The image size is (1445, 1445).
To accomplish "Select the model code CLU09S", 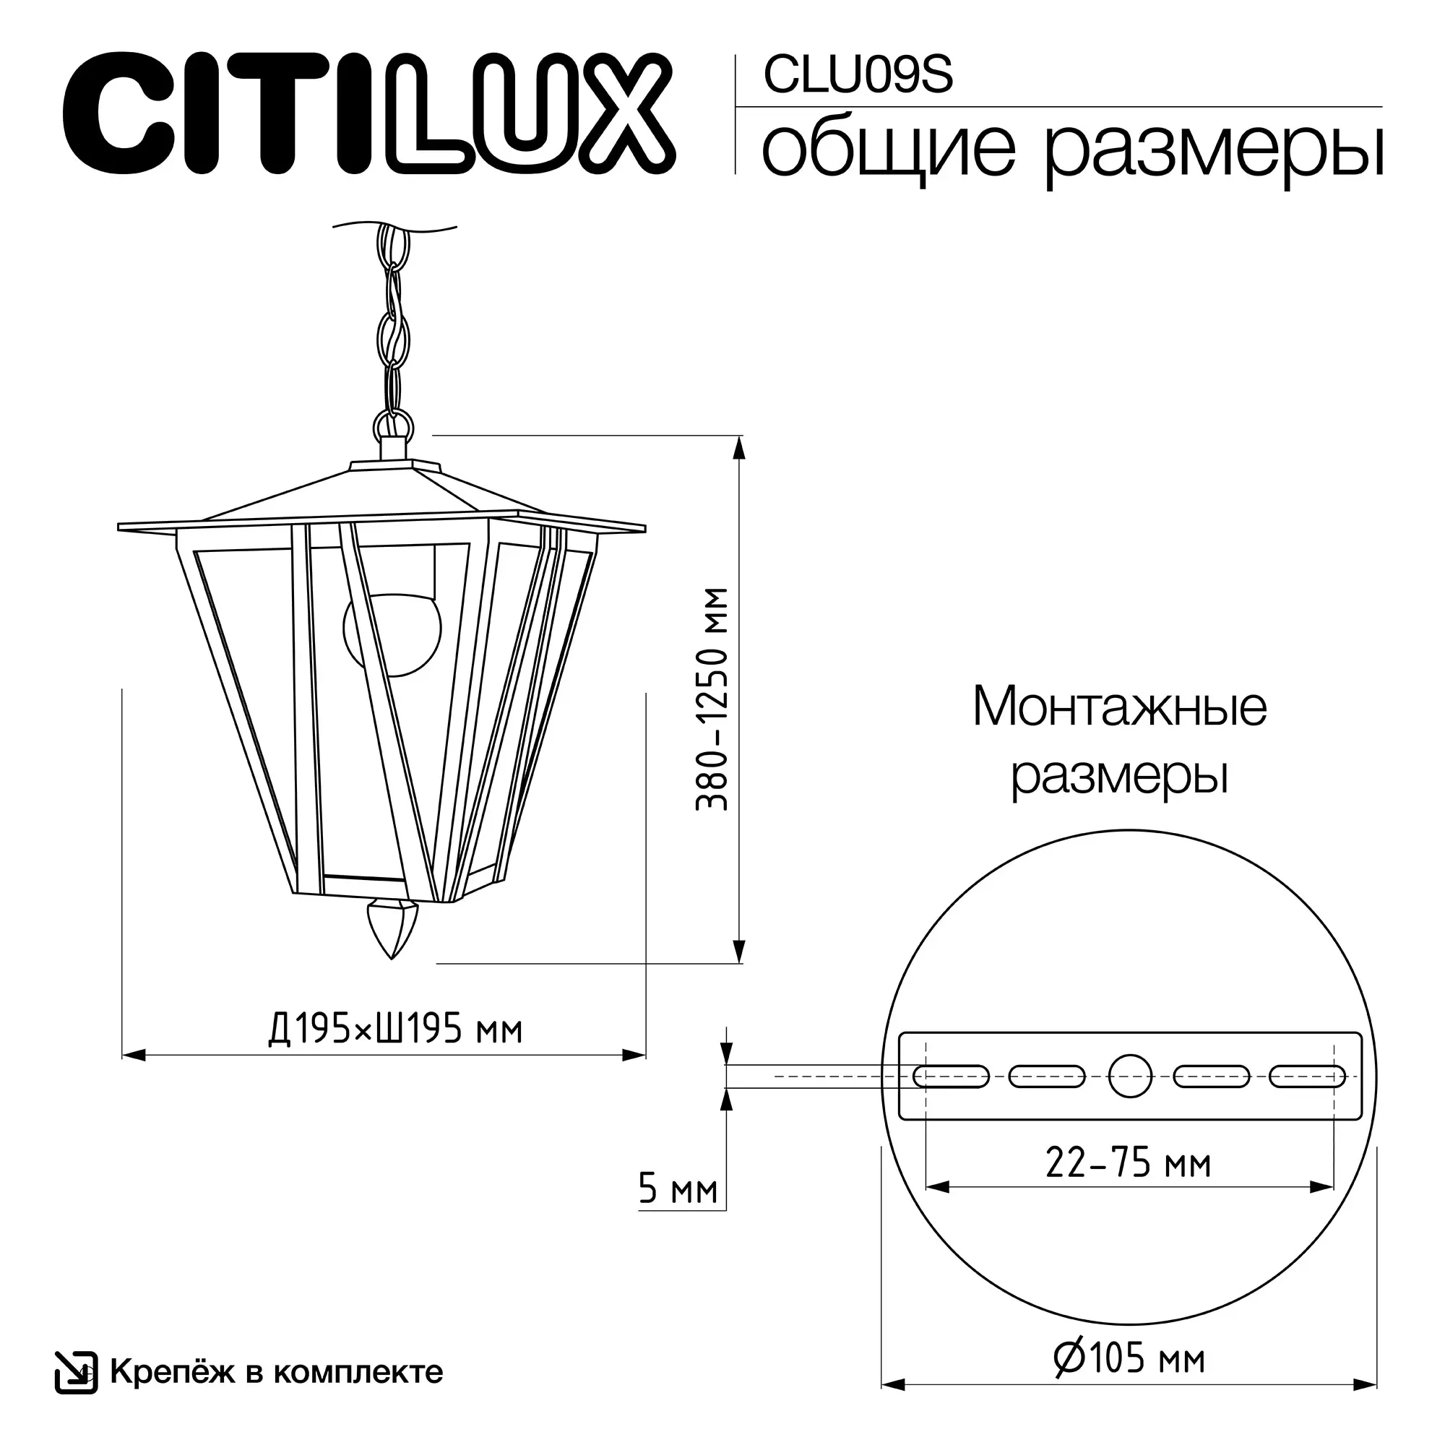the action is click(x=858, y=77).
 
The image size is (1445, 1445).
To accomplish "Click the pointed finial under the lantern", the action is click(x=392, y=931).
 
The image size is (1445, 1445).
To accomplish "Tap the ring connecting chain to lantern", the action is click(x=392, y=425).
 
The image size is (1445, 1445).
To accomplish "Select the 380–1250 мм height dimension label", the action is click(x=711, y=699).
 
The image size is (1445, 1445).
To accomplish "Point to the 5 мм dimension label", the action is click(x=678, y=1189).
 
